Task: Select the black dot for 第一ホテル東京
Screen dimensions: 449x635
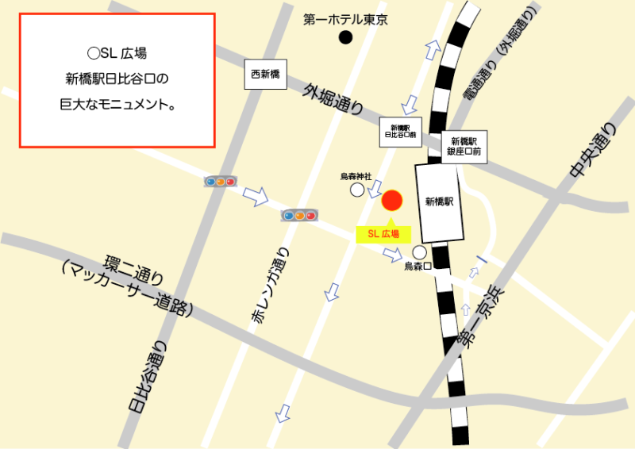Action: click(x=345, y=36)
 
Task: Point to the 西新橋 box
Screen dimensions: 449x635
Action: click(x=266, y=75)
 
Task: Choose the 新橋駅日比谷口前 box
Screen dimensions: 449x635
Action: click(x=398, y=131)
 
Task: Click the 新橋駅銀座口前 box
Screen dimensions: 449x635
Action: click(x=464, y=144)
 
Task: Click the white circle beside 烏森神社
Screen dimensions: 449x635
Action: click(x=357, y=190)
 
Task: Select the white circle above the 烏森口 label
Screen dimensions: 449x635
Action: click(x=418, y=251)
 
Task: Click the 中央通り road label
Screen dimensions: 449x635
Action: click(x=591, y=151)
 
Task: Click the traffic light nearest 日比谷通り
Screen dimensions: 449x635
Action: click(x=221, y=181)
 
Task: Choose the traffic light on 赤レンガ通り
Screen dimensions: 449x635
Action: click(x=299, y=215)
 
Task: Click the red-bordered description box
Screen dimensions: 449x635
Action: click(x=117, y=80)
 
